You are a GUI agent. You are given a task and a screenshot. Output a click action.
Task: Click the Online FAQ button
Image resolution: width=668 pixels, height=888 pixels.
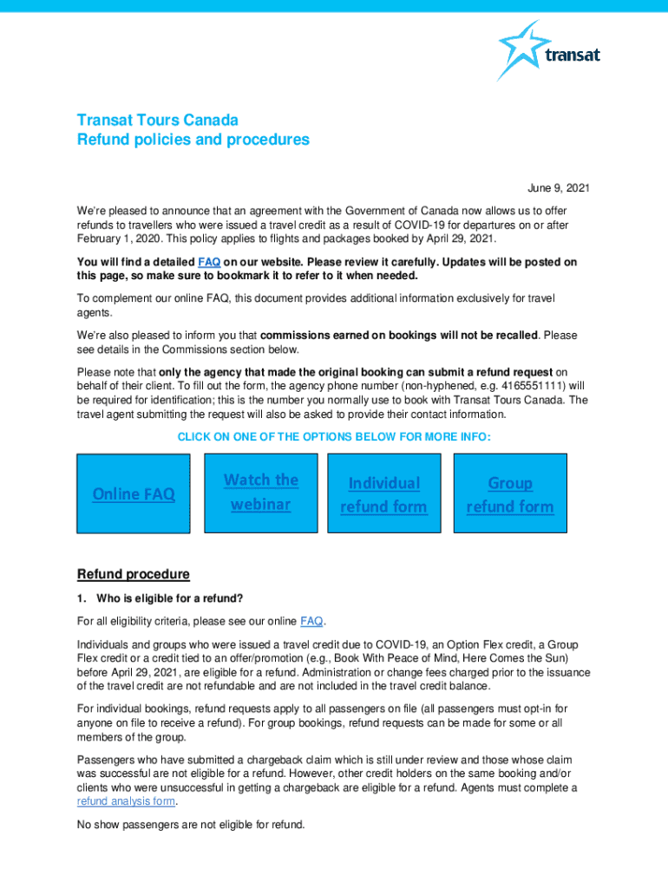click(x=134, y=493)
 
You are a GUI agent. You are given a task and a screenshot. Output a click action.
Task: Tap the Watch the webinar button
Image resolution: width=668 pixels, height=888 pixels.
click(x=260, y=492)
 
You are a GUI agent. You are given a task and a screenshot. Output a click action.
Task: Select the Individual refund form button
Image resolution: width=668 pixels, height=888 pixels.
click(x=383, y=493)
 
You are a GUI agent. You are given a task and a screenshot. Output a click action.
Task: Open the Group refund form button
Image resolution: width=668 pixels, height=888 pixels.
click(x=509, y=493)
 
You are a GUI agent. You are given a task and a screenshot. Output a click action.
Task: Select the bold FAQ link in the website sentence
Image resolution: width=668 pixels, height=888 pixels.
click(x=208, y=262)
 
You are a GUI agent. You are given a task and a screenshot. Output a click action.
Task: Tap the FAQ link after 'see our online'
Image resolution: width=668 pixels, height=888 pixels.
click(x=311, y=621)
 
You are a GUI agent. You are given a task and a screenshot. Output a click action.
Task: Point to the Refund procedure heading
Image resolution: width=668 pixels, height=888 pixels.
click(x=134, y=574)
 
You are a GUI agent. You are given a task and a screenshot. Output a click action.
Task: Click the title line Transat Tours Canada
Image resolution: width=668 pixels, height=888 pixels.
click(x=157, y=120)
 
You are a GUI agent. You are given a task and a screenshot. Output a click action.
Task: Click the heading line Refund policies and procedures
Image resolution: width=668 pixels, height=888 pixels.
click(x=193, y=140)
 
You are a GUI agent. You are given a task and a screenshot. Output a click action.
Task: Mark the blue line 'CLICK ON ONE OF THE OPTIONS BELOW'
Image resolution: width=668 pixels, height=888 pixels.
click(x=334, y=437)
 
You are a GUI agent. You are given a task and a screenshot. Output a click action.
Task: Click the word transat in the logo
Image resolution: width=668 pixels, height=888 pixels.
click(x=573, y=56)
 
